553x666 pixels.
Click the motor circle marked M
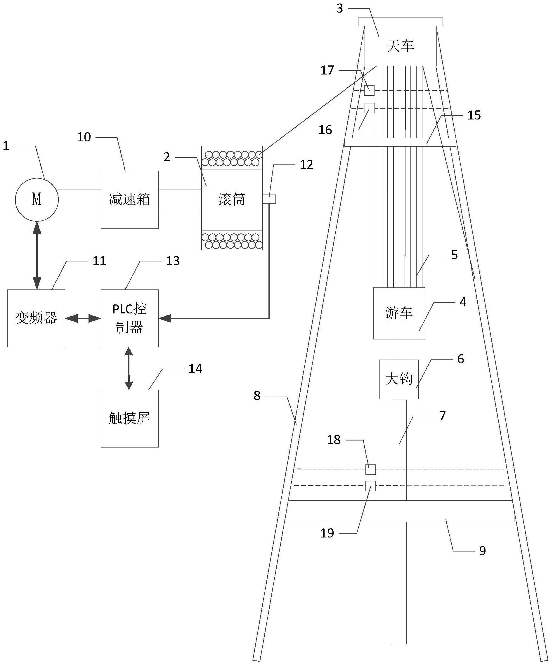(37, 200)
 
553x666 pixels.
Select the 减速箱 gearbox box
(129, 200)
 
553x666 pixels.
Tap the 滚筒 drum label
(231, 200)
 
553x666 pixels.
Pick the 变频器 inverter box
(36, 318)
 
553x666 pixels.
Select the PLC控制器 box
(129, 318)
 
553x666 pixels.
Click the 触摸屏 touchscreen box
(129, 418)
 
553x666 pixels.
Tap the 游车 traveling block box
(399, 313)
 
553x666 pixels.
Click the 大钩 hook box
(399, 379)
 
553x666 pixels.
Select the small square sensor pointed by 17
(369, 90)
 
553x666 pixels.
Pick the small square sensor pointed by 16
(370, 108)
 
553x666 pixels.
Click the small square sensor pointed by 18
(370, 469)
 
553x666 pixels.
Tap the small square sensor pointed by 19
(370, 486)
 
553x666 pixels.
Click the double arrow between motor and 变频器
(37, 255)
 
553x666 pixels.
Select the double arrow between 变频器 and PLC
(83, 318)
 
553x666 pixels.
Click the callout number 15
(474, 115)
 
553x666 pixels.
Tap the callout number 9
(482, 551)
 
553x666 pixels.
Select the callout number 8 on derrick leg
(257, 396)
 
